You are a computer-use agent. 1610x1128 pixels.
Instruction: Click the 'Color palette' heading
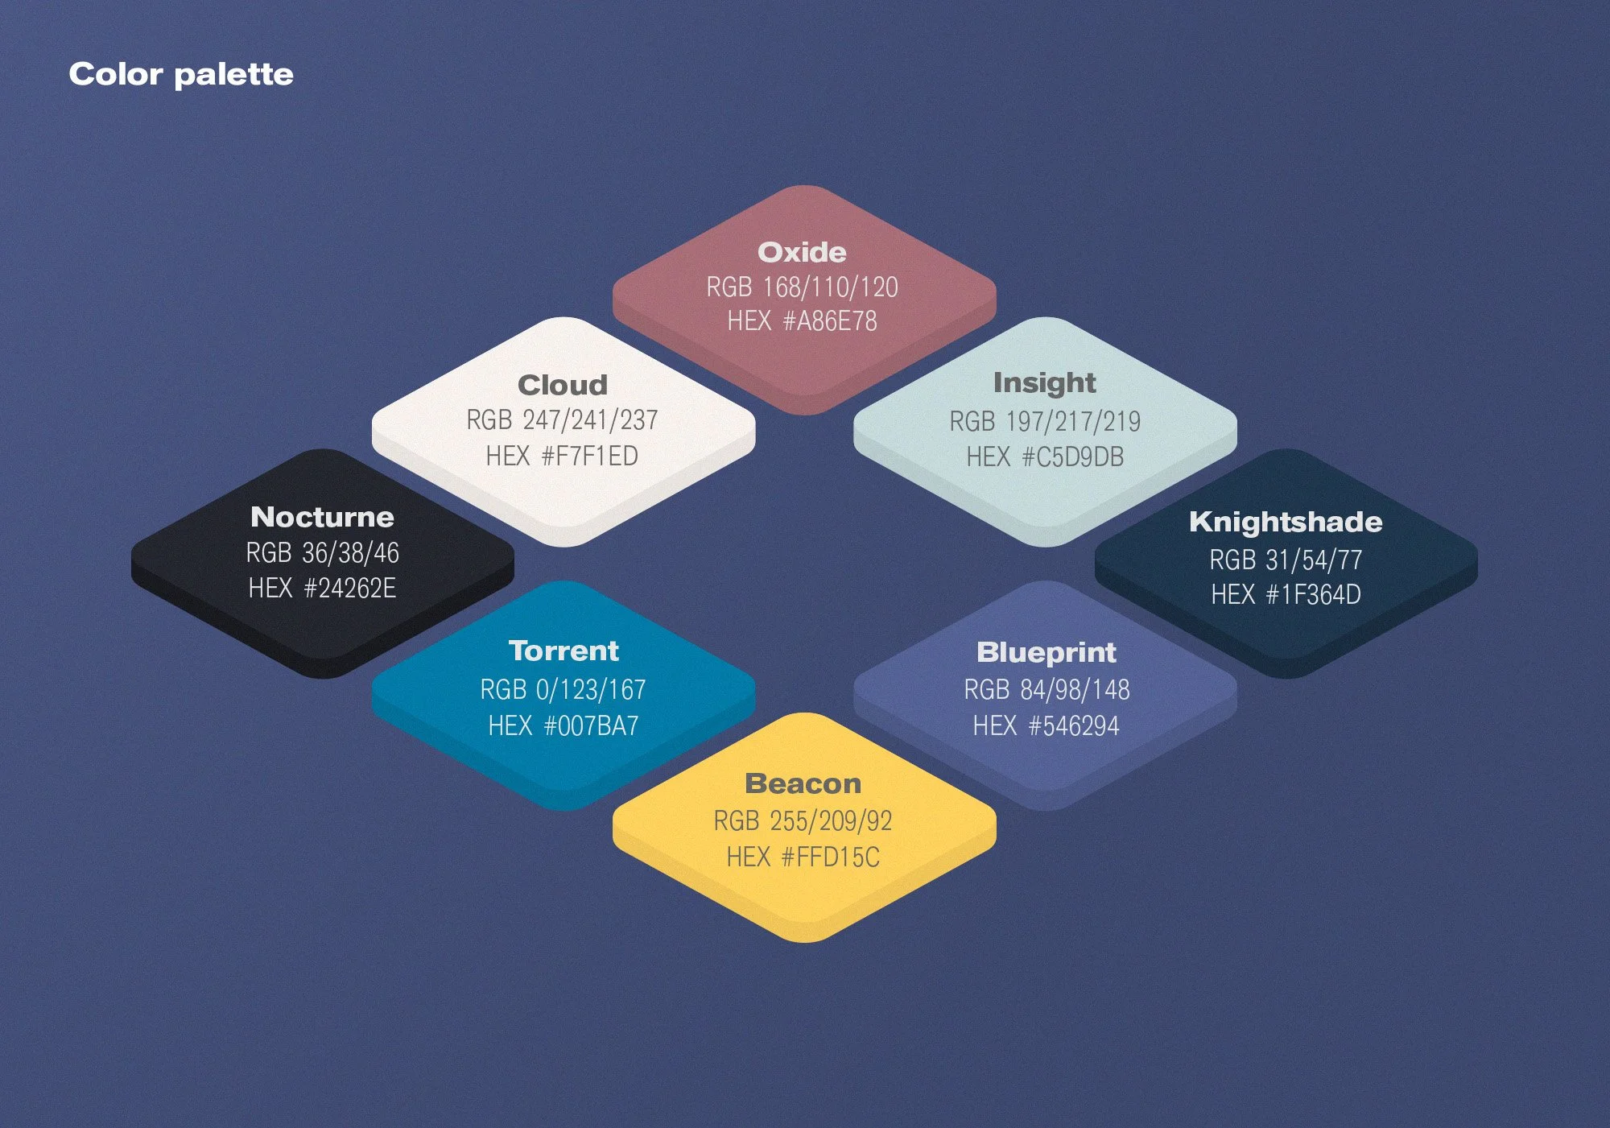[181, 74]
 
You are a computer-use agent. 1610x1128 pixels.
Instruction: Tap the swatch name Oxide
[802, 252]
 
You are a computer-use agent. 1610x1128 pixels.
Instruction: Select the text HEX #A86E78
[802, 321]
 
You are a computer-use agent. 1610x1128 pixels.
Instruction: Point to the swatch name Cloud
[562, 385]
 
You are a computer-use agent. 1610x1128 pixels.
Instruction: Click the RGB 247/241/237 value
[562, 419]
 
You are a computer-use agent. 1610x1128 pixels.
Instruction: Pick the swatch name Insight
[1044, 383]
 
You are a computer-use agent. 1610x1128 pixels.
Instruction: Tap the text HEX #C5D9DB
[1044, 457]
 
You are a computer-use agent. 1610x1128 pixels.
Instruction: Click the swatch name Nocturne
[322, 517]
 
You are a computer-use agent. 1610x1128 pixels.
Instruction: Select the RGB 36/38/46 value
[322, 553]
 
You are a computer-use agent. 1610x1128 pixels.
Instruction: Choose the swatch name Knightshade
[1286, 522]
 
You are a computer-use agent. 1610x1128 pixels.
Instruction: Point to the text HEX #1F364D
[1286, 595]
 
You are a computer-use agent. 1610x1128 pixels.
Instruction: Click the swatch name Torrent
[563, 651]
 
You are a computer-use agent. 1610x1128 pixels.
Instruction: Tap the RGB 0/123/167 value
[563, 690]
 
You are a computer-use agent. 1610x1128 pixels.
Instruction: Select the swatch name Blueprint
[1046, 652]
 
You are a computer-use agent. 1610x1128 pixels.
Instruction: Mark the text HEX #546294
[1046, 726]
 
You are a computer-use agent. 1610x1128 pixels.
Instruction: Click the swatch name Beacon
[803, 783]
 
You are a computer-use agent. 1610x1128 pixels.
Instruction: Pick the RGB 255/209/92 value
[803, 821]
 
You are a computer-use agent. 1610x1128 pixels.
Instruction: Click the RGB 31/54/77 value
[1286, 560]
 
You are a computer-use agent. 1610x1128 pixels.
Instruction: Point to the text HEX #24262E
[322, 589]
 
